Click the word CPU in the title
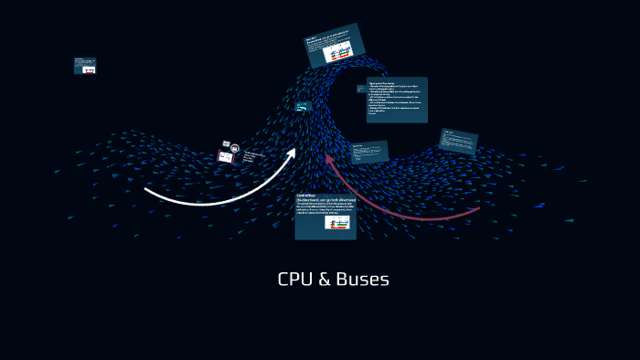click(295, 280)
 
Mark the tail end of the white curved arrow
click(147, 190)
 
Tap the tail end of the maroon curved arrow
click(477, 209)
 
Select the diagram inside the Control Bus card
click(337, 222)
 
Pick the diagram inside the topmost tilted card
click(341, 54)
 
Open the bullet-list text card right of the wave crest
click(397, 100)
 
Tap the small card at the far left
click(85, 66)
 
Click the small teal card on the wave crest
click(303, 107)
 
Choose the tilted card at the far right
click(457, 142)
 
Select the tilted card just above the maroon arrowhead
click(369, 152)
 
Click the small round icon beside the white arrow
click(235, 147)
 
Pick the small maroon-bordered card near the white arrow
click(225, 157)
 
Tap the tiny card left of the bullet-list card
click(361, 89)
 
